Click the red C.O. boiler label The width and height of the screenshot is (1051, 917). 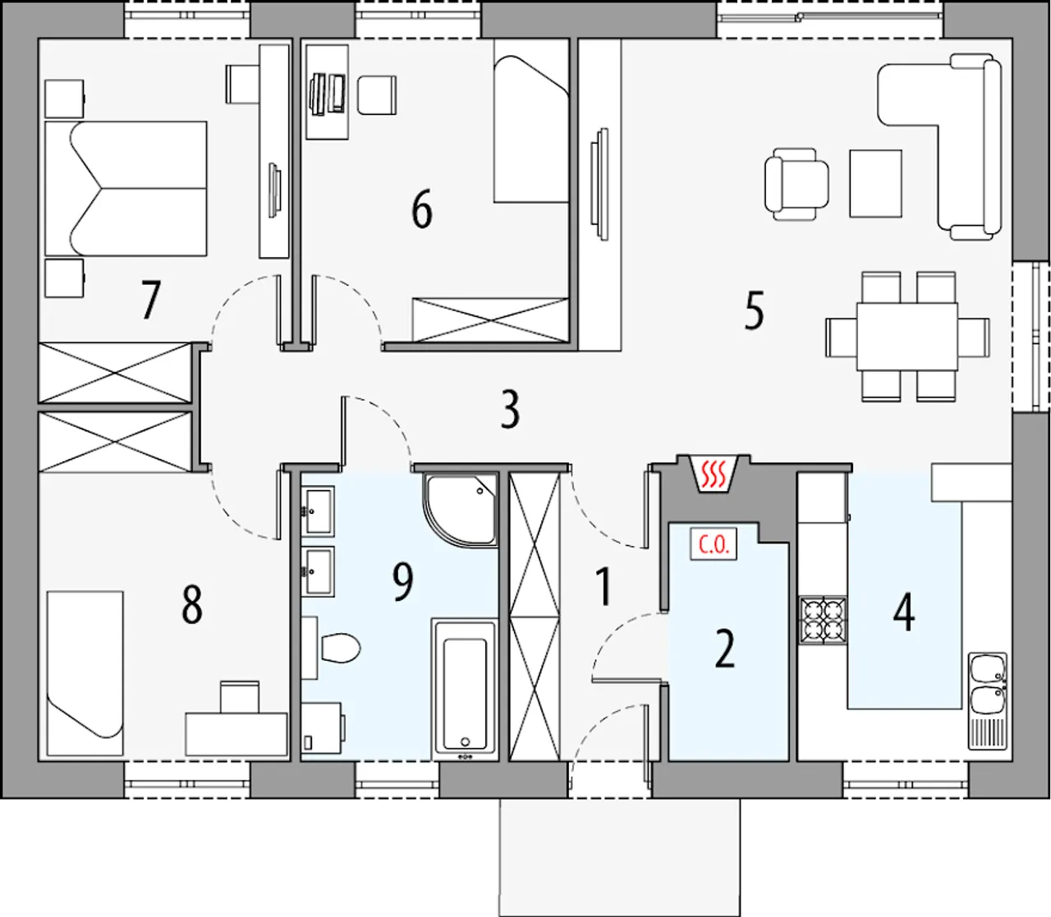coord(713,543)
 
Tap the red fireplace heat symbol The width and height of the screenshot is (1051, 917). coord(713,473)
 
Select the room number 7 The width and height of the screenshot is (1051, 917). coord(150,300)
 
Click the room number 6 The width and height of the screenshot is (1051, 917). coord(422,209)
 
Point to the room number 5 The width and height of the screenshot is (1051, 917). coord(754,309)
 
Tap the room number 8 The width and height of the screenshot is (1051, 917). coord(191,604)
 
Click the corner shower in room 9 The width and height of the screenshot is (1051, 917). coord(461,509)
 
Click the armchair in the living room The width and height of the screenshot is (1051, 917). coord(796,185)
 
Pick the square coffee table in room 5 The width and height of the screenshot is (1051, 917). coord(875,183)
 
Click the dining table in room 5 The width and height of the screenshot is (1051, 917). coord(906,337)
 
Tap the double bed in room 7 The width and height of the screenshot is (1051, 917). coord(126,189)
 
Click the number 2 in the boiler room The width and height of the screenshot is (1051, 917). coord(724,649)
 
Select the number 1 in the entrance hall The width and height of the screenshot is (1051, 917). coord(604,586)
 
